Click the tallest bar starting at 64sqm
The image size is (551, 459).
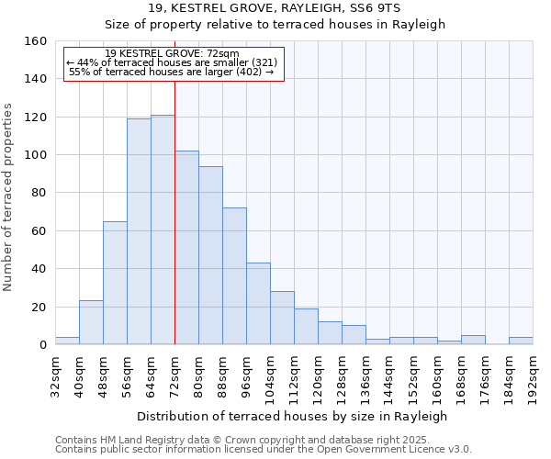click(163, 229)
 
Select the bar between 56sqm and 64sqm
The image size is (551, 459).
click(139, 231)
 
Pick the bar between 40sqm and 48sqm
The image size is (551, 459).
click(91, 322)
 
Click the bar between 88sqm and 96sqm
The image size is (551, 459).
click(234, 275)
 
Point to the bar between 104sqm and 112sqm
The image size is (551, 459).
click(282, 318)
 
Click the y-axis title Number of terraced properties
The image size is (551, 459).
click(9, 197)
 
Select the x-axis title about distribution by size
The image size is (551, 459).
click(293, 416)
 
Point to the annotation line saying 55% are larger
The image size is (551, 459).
click(172, 72)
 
